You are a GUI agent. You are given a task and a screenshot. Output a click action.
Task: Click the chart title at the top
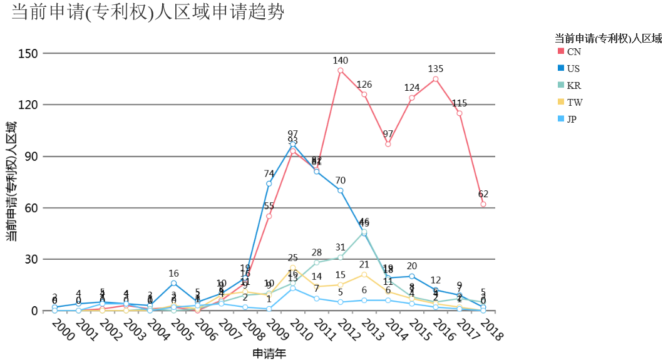[148, 12]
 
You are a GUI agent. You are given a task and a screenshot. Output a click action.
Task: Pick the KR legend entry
[573, 85]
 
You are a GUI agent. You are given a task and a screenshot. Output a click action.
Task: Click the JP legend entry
[572, 119]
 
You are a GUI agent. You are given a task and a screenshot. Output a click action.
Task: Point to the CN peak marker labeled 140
[341, 70]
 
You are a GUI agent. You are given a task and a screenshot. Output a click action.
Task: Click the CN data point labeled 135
[436, 79]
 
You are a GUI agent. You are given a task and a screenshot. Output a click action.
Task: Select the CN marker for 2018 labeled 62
[483, 204]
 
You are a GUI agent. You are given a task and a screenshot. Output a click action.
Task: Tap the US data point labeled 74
[269, 183]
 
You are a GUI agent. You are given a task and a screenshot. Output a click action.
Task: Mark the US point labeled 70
[341, 190]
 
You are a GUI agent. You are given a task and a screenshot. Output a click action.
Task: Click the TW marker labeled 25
[293, 267]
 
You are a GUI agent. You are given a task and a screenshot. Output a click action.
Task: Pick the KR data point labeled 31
[341, 257]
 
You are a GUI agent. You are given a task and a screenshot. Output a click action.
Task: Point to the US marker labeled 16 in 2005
[174, 283]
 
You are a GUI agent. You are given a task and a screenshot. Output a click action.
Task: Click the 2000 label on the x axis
[63, 329]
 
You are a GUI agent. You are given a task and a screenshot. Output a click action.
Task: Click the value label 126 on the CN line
[364, 85]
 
